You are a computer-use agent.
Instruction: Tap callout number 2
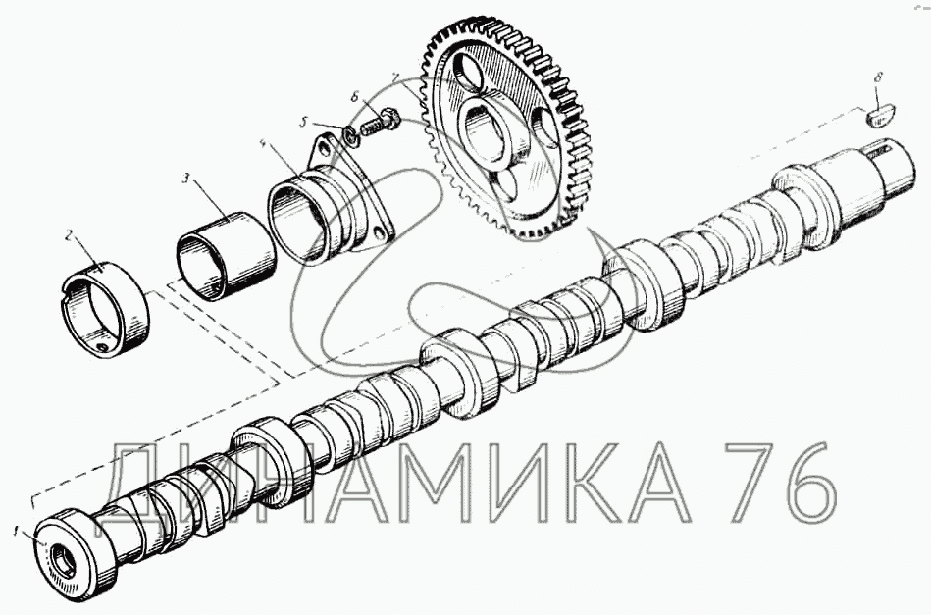[69, 236]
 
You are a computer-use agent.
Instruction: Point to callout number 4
[263, 144]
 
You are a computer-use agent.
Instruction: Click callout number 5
[303, 123]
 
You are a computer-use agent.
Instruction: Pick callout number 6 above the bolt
[355, 97]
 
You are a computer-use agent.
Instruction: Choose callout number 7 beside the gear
[394, 77]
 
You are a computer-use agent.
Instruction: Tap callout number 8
[878, 77]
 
